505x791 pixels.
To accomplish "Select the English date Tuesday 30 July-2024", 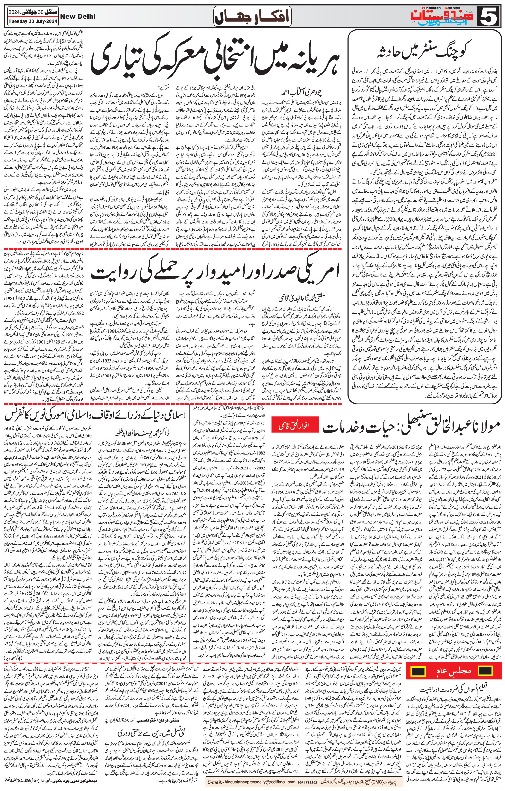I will [x=32, y=21].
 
